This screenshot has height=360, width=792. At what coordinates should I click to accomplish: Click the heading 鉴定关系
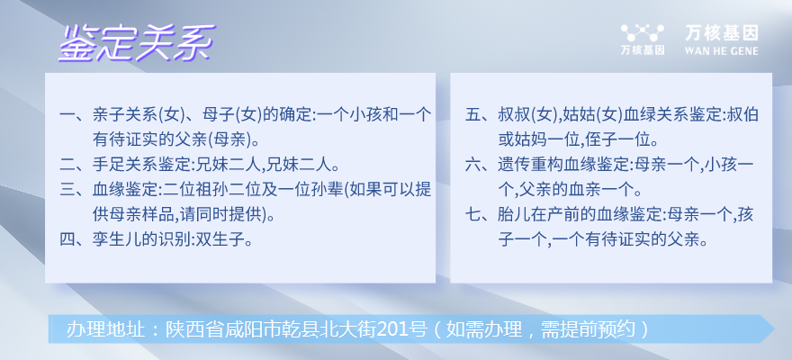click(137, 43)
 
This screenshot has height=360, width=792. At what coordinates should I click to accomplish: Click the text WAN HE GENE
click(721, 51)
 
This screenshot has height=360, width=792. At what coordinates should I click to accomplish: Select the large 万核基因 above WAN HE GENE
click(721, 33)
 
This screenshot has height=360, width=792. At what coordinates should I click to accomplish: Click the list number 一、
click(74, 115)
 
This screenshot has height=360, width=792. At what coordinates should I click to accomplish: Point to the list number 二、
click(74, 165)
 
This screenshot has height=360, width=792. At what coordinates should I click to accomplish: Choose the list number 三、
click(74, 189)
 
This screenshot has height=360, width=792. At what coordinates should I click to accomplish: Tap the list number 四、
click(74, 238)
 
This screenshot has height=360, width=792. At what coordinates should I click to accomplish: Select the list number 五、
click(479, 115)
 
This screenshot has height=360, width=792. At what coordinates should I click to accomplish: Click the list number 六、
click(479, 165)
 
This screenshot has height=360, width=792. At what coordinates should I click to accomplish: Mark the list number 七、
click(479, 214)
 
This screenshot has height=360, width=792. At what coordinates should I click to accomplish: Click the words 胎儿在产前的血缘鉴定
click(578, 214)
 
